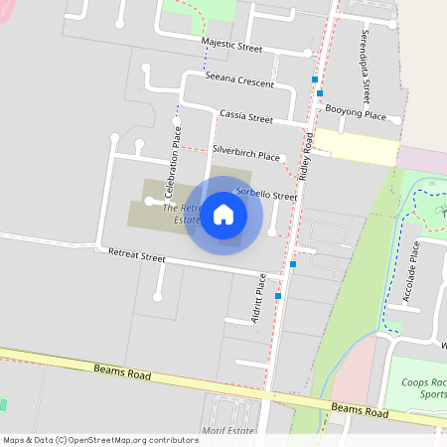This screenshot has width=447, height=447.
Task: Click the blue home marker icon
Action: tap(223, 215)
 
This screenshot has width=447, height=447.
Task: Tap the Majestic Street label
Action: tap(232, 46)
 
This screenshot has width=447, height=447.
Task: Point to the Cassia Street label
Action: tap(246, 117)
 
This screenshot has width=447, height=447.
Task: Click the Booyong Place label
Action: tap(356, 115)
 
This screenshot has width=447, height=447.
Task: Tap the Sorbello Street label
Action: tap(266, 195)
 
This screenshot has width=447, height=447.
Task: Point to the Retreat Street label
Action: tap(136, 257)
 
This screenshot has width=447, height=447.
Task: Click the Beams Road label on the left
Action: tap(122, 372)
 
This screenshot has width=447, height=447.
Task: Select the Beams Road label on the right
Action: tap(359, 410)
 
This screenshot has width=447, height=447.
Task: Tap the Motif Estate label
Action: tap(227, 432)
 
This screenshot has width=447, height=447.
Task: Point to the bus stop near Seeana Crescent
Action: tap(316, 78)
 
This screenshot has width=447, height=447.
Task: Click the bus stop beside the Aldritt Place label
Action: tap(279, 296)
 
